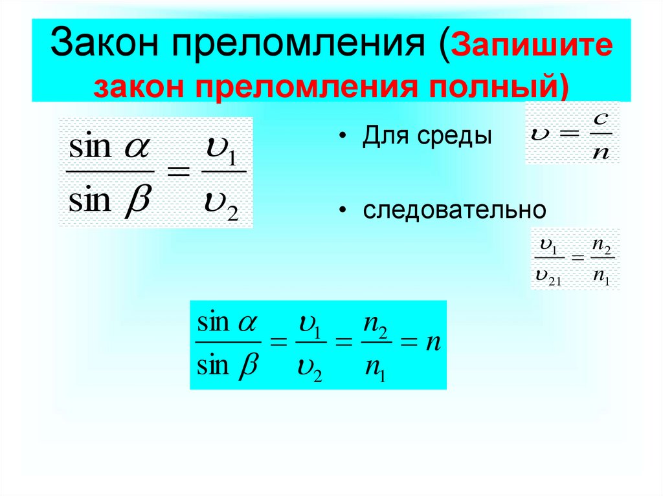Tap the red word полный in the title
[x=499, y=86]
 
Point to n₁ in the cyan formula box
[x=374, y=369]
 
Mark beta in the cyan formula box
[x=247, y=367]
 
